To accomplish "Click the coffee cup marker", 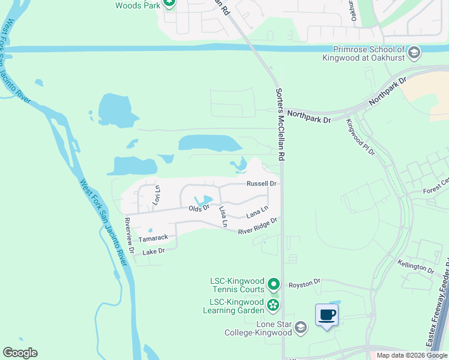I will [x=327, y=315].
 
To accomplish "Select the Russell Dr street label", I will [x=261, y=184].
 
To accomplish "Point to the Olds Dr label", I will [x=199, y=208].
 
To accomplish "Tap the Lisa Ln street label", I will [x=223, y=217].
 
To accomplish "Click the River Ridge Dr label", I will [x=258, y=226].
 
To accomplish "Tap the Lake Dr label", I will [x=153, y=251].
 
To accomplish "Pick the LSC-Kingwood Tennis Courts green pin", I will [x=274, y=283].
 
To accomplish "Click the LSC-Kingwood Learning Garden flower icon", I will [x=273, y=305].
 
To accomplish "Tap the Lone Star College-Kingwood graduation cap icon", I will [x=301, y=328].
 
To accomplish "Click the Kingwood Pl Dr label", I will [x=360, y=137].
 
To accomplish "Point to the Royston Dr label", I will [x=305, y=281].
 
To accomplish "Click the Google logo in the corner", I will [x=20, y=353].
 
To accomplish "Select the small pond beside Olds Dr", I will [x=204, y=200].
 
